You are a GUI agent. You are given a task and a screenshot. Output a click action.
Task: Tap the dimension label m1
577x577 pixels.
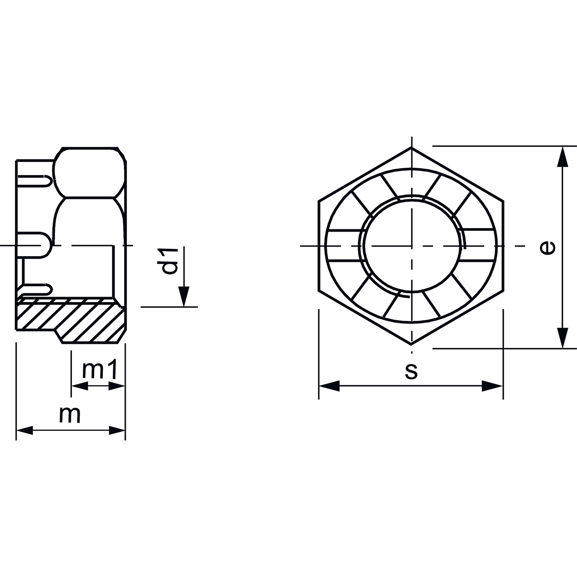pos(99,370)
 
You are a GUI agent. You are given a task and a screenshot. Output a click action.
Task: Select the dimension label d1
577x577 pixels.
pos(170,261)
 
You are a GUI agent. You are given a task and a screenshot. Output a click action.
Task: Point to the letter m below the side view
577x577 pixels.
pos(70,415)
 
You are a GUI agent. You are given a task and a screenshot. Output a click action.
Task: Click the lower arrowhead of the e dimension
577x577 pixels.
pos(563,338)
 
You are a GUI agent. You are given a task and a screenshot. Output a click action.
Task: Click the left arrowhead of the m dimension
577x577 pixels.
pos(25,430)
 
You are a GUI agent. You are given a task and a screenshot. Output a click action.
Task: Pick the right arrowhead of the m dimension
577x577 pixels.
pos(117,430)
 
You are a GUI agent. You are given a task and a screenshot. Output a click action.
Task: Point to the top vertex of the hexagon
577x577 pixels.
pos(411,147)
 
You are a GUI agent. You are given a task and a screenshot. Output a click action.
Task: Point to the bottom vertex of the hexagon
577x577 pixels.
pos(411,344)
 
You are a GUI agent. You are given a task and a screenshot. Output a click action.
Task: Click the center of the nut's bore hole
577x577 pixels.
pos(412,246)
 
